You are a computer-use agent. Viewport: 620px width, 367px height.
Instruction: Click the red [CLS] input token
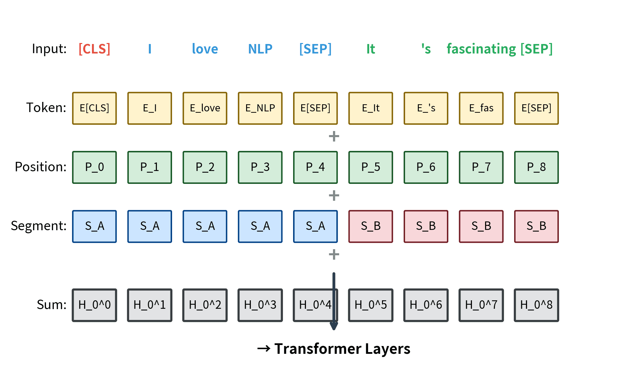(x=94, y=49)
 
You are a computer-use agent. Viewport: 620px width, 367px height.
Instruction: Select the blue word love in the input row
(x=205, y=49)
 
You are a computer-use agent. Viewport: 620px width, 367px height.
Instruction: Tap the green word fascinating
(x=481, y=49)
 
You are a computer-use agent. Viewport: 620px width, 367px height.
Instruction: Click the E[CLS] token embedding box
(x=94, y=108)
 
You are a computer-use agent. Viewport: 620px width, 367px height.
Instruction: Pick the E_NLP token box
(x=260, y=108)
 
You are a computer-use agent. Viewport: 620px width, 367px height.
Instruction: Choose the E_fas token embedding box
(x=481, y=108)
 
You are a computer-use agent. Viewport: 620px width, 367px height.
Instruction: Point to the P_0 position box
(x=94, y=167)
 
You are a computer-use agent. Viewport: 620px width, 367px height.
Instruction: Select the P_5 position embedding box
(x=371, y=167)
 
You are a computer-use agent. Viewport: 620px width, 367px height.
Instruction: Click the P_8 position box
(x=536, y=167)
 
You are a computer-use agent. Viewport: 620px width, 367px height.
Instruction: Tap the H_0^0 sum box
(x=94, y=305)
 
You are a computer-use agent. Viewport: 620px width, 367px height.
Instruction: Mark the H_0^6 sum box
(x=426, y=305)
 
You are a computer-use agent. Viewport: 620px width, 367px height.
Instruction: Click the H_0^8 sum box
(x=536, y=305)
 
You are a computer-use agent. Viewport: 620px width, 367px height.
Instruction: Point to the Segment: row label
(x=39, y=226)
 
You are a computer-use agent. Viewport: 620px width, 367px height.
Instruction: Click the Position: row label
(x=41, y=167)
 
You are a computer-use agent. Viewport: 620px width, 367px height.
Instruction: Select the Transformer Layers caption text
(x=342, y=349)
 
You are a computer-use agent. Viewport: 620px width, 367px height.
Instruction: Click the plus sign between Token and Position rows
(x=334, y=136)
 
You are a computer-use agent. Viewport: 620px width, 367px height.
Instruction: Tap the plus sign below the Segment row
(x=334, y=255)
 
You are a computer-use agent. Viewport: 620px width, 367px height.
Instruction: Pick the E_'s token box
(x=426, y=108)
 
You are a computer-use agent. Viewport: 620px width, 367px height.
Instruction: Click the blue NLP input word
(x=260, y=49)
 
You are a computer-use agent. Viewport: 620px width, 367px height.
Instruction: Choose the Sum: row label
(x=51, y=305)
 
